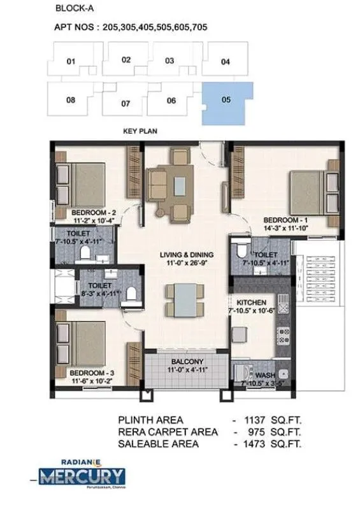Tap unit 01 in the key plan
[70, 62]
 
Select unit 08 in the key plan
[70, 100]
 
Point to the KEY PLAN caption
[140, 131]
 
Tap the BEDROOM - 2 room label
[92, 213]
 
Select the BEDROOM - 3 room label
[91, 372]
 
